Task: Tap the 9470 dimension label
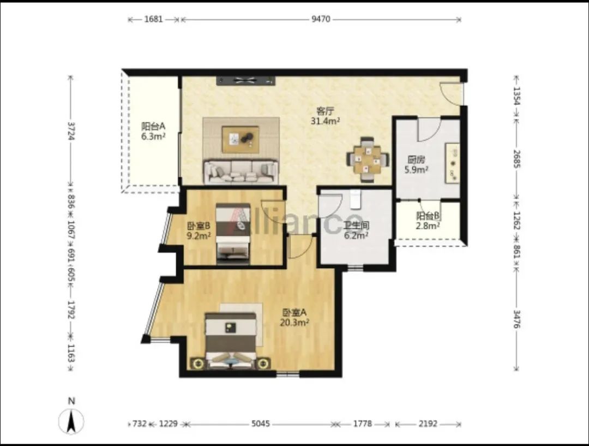321,19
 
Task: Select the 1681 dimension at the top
154,19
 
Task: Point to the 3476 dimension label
517,319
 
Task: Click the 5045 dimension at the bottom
261,424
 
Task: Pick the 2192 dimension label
428,424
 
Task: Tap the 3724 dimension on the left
70,130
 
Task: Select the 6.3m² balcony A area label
153,136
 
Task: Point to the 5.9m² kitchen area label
416,170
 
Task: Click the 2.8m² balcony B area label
428,225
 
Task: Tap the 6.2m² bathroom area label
356,236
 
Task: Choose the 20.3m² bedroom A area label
294,322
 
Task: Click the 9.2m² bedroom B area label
199,236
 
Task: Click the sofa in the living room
241,173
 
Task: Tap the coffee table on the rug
241,140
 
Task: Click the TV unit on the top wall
245,80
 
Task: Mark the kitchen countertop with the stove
452,163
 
